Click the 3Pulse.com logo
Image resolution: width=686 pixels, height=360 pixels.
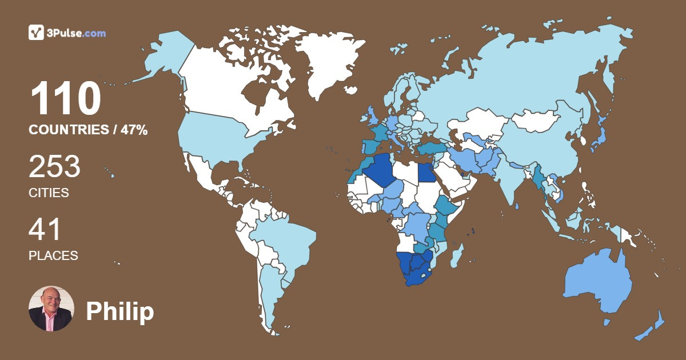[x=67, y=33]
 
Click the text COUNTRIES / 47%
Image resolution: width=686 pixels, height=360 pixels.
[x=88, y=130]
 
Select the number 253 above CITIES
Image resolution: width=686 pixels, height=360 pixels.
[x=55, y=167]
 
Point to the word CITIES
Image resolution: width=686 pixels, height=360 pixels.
[x=49, y=193]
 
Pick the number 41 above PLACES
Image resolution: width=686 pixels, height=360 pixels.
[x=45, y=230]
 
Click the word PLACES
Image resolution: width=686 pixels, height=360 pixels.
[x=53, y=256]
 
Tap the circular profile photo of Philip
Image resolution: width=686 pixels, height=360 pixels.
[x=51, y=309]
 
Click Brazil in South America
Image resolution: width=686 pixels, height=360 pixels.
[x=286, y=240]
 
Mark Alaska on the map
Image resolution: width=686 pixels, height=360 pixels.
[x=166, y=54]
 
